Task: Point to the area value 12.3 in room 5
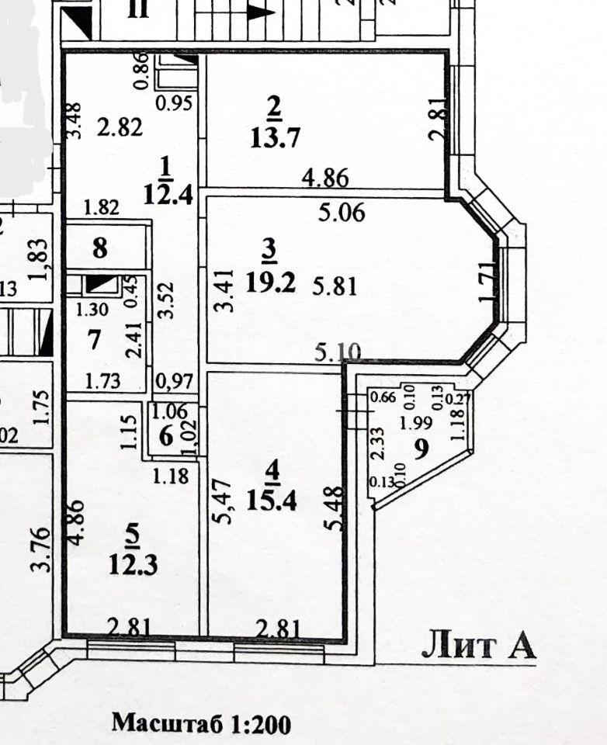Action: point(134,564)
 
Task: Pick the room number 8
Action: point(100,250)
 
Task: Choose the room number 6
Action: point(166,435)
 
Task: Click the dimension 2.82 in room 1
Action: point(120,127)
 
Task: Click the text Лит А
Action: point(478,646)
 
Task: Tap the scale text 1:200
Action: point(260,724)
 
